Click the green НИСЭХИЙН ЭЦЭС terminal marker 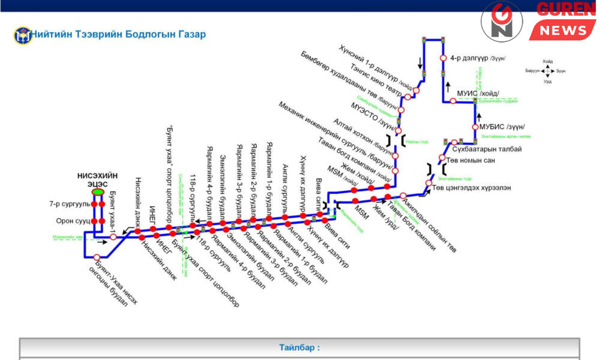[x=97, y=192]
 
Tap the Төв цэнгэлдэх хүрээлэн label [x=472, y=187]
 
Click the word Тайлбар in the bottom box [x=299, y=347]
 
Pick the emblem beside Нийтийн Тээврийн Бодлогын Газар [x=21, y=34]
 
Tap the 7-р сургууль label [x=67, y=204]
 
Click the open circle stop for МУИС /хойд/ [x=453, y=101]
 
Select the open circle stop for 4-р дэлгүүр [x=443, y=58]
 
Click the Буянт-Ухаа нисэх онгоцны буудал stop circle [x=97, y=257]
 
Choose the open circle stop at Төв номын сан [x=442, y=160]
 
